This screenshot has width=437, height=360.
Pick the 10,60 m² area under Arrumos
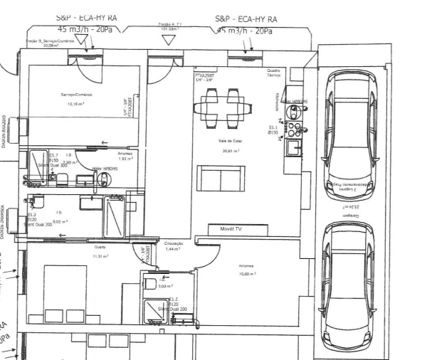coord(246,274)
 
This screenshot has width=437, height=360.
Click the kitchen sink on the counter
coord(292,149)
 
